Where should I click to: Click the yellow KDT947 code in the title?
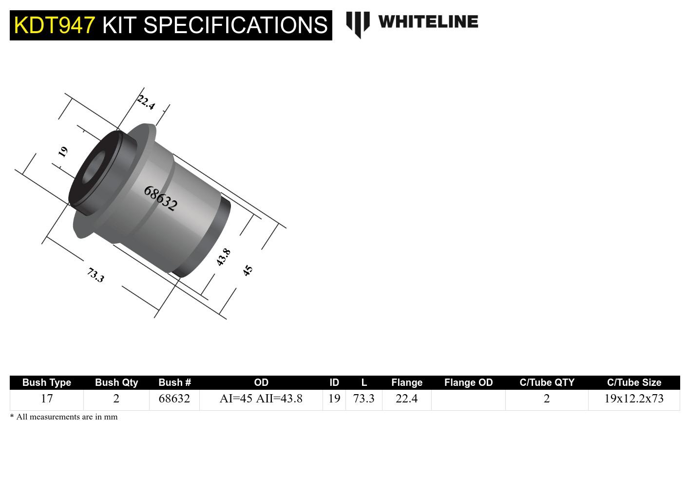(x=54, y=25)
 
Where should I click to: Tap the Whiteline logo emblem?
(x=358, y=24)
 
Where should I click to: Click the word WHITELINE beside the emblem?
(x=428, y=22)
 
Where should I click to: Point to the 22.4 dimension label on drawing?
(x=146, y=102)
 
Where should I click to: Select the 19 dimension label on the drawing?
(x=63, y=152)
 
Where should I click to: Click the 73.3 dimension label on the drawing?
(x=95, y=275)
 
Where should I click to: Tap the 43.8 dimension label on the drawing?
(x=223, y=257)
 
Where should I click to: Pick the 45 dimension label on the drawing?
(x=248, y=270)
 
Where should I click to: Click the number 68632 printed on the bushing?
(x=160, y=198)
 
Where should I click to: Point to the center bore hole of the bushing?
(x=95, y=167)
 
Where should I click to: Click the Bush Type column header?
(x=47, y=382)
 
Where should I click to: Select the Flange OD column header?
(x=468, y=382)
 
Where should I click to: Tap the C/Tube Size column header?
(x=634, y=382)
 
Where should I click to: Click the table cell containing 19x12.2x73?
(x=634, y=399)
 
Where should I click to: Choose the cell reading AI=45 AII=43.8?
(x=261, y=399)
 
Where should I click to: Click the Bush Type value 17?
(x=47, y=399)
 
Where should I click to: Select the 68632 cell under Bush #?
(x=174, y=399)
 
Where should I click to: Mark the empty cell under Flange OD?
(x=468, y=400)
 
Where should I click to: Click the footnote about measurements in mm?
(x=64, y=417)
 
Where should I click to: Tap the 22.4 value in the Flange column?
(x=407, y=399)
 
